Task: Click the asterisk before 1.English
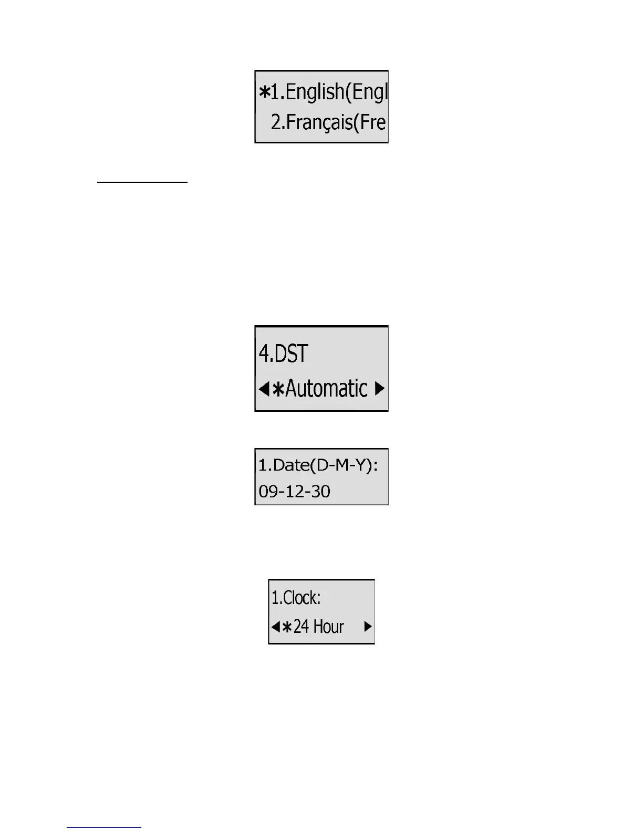[x=264, y=92]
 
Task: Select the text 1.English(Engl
[x=329, y=92]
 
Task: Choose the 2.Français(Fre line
[x=328, y=122]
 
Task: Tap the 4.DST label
[x=283, y=353]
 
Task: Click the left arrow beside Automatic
[x=264, y=389]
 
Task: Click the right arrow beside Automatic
[x=380, y=389]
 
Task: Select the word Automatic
[x=326, y=389]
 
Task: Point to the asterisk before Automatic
[x=278, y=389]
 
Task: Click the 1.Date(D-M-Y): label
[x=318, y=465]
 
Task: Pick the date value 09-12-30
[x=294, y=492]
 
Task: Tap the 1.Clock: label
[x=296, y=598]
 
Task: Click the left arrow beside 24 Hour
[x=275, y=627]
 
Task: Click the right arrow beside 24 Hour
[x=368, y=627]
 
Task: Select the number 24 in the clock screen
[x=301, y=627]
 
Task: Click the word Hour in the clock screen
[x=328, y=627]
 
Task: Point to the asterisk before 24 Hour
[x=287, y=627]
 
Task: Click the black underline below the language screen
[x=142, y=182]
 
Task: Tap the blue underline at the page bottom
[x=104, y=827]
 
